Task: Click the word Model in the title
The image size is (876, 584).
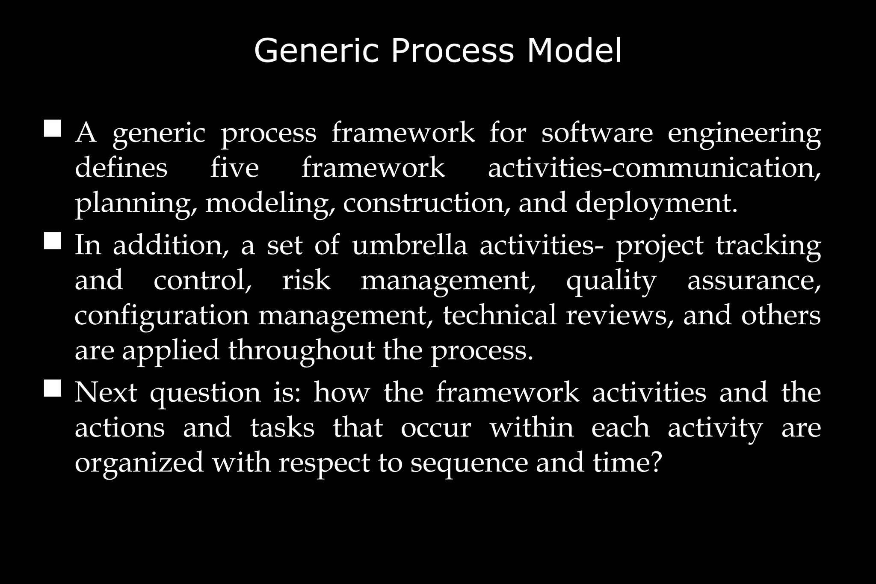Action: coord(574,51)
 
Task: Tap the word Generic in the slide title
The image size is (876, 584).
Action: coord(317,51)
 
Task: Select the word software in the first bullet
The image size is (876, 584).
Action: coord(597,133)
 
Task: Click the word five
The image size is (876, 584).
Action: coord(234,167)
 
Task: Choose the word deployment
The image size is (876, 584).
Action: coord(657,203)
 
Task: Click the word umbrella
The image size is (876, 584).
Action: coord(409,245)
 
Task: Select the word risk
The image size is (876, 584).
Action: coord(306,281)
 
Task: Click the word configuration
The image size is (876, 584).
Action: coord(162,316)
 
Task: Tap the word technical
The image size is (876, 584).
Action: coord(499,315)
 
